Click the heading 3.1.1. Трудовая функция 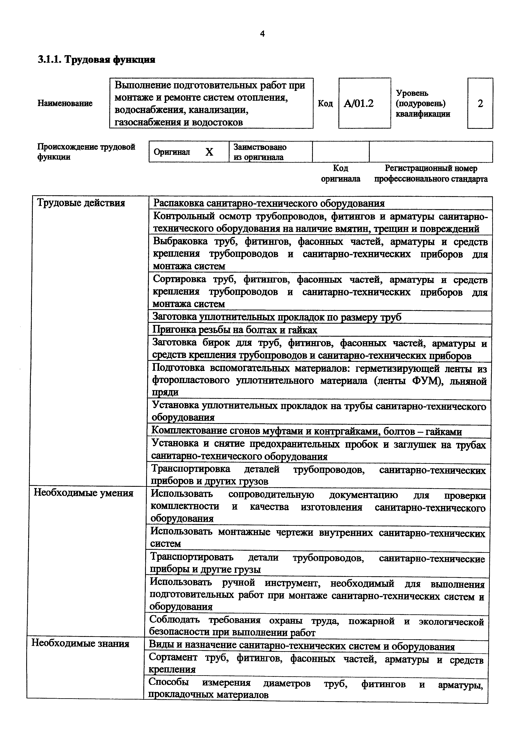tap(96, 60)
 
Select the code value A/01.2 tap(359, 103)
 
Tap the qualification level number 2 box tap(480, 103)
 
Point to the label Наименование tap(65, 103)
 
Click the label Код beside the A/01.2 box tap(325, 103)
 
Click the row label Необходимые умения tap(84, 493)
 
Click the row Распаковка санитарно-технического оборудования tap(269, 203)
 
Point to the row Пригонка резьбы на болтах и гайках tap(235, 330)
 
